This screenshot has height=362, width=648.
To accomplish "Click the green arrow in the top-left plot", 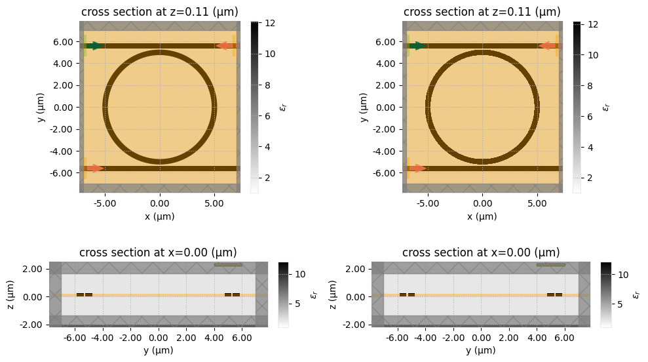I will [96, 46].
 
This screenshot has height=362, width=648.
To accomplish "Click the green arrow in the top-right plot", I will [418, 46].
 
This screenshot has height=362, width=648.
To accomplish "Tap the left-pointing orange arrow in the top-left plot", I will [225, 46].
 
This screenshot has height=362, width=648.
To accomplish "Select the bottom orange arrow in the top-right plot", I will [418, 169].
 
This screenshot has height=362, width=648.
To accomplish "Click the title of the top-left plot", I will [159, 12].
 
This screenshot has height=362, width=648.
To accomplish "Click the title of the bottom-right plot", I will [481, 252].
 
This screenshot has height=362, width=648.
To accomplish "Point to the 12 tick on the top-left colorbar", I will [270, 23].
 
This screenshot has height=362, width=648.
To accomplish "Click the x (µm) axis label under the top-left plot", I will [159, 216].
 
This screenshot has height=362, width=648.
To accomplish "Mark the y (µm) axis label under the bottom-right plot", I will [481, 351].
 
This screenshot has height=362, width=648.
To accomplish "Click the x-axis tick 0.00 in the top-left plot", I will [160, 204].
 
